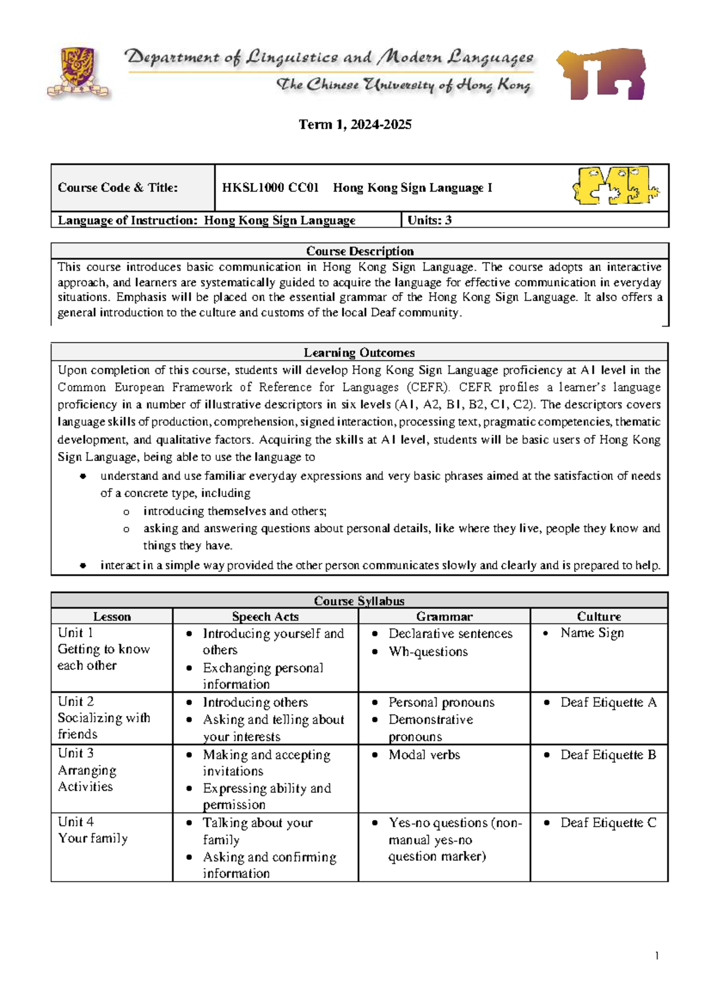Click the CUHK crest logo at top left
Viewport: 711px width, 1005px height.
pyautogui.click(x=78, y=72)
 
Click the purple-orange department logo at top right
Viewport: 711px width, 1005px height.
pyautogui.click(x=601, y=73)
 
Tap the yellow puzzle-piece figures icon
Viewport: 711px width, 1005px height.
pyautogui.click(x=616, y=186)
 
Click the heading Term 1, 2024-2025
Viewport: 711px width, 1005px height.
pyautogui.click(x=355, y=124)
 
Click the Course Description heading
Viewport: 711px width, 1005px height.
pyautogui.click(x=360, y=251)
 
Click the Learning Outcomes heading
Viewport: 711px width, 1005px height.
pyautogui.click(x=359, y=353)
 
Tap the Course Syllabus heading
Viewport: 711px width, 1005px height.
pyautogui.click(x=359, y=601)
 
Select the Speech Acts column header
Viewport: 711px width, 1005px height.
pyautogui.click(x=265, y=616)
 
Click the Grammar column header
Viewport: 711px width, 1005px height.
pyautogui.click(x=444, y=616)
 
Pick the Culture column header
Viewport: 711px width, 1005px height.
pyautogui.click(x=598, y=616)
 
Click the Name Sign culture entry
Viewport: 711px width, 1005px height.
pyautogui.click(x=591, y=633)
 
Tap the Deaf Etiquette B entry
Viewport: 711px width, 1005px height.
pyautogui.click(x=608, y=755)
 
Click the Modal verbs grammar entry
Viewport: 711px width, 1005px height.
pyautogui.click(x=424, y=755)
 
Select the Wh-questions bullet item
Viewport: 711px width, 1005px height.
pyautogui.click(x=428, y=652)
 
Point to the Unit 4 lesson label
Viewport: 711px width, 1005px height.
pyautogui.click(x=76, y=822)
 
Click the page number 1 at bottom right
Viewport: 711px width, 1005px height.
pyautogui.click(x=656, y=955)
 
